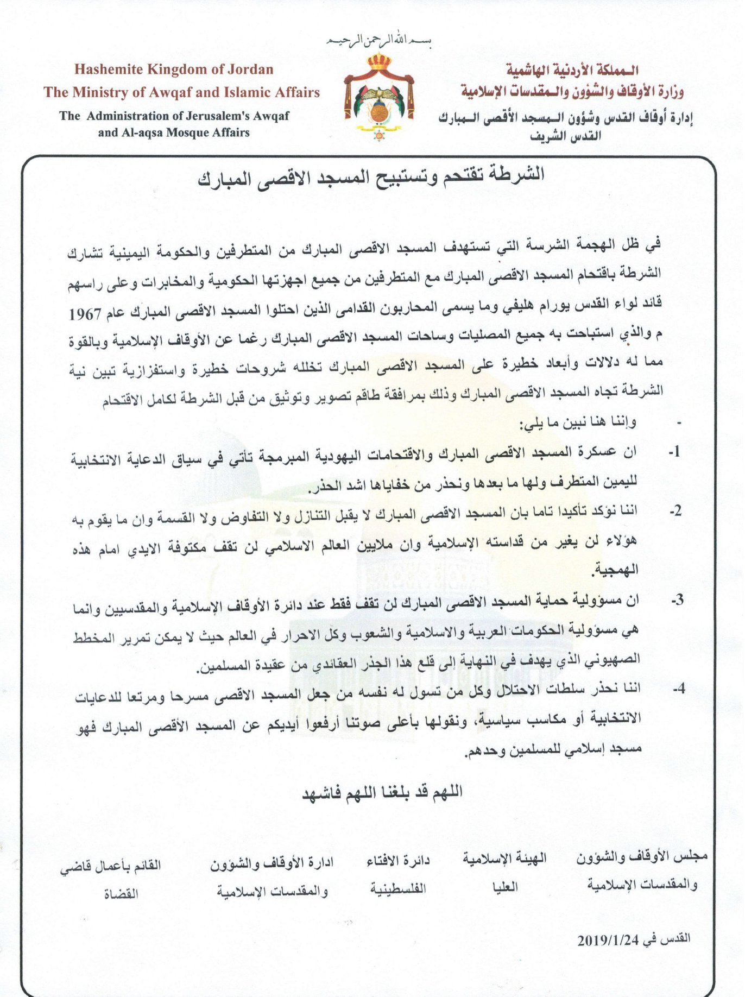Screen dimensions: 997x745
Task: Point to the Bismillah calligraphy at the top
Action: coord(378,41)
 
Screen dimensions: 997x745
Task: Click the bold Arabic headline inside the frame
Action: coord(371,176)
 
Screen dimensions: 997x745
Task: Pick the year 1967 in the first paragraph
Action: coord(85,314)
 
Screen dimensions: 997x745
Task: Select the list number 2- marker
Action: coord(675,511)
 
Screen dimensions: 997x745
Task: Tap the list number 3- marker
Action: coord(676,601)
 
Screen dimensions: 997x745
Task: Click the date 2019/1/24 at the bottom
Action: coord(608,940)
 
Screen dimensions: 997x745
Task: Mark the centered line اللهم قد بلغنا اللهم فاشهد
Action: coord(382,792)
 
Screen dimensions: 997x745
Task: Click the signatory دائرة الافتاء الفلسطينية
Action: coord(398,874)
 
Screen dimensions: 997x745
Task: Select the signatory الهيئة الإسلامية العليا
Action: coord(504,873)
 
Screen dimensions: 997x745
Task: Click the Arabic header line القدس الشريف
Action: coord(565,136)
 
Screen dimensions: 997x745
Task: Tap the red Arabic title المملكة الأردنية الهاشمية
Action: coord(572,70)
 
